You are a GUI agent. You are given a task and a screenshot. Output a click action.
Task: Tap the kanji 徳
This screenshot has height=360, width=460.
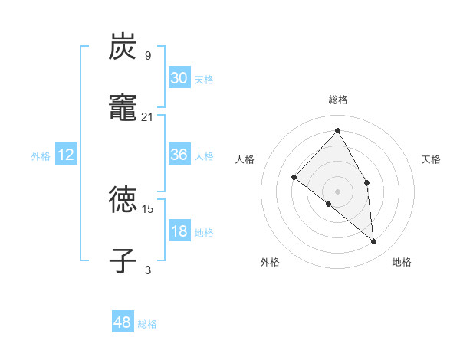[123, 200]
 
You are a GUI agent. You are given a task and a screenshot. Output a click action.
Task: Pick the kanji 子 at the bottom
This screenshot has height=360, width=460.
[123, 260]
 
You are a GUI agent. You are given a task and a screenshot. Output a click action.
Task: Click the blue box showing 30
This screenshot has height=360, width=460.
[179, 77]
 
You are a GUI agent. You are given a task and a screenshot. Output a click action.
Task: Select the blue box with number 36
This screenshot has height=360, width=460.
[179, 155]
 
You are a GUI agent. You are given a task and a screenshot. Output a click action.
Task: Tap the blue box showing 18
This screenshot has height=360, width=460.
[179, 231]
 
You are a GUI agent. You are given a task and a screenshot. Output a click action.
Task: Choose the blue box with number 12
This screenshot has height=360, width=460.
[66, 155]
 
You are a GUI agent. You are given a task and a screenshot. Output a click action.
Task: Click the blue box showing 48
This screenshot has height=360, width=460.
[123, 322]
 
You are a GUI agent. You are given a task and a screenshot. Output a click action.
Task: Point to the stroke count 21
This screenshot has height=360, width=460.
[148, 116]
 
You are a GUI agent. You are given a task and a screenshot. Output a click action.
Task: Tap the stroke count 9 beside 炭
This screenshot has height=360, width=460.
[148, 55]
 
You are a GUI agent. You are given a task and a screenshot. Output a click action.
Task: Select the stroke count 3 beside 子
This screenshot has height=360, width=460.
[148, 270]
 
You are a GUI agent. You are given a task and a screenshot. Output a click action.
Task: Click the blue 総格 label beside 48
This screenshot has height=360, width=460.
[147, 324]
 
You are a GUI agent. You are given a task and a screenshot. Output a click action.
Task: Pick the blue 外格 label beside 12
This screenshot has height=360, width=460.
[41, 156]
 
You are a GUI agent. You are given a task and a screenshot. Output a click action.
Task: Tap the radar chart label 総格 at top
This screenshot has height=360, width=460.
[338, 100]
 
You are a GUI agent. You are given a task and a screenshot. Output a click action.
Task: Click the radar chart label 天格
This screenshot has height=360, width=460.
[432, 159]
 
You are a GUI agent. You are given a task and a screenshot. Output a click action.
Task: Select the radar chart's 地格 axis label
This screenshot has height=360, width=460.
[402, 262]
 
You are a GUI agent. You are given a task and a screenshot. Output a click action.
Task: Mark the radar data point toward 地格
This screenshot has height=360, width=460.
[374, 241]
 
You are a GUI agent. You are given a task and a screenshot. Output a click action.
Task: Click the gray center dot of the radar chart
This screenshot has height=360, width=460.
[338, 191]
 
